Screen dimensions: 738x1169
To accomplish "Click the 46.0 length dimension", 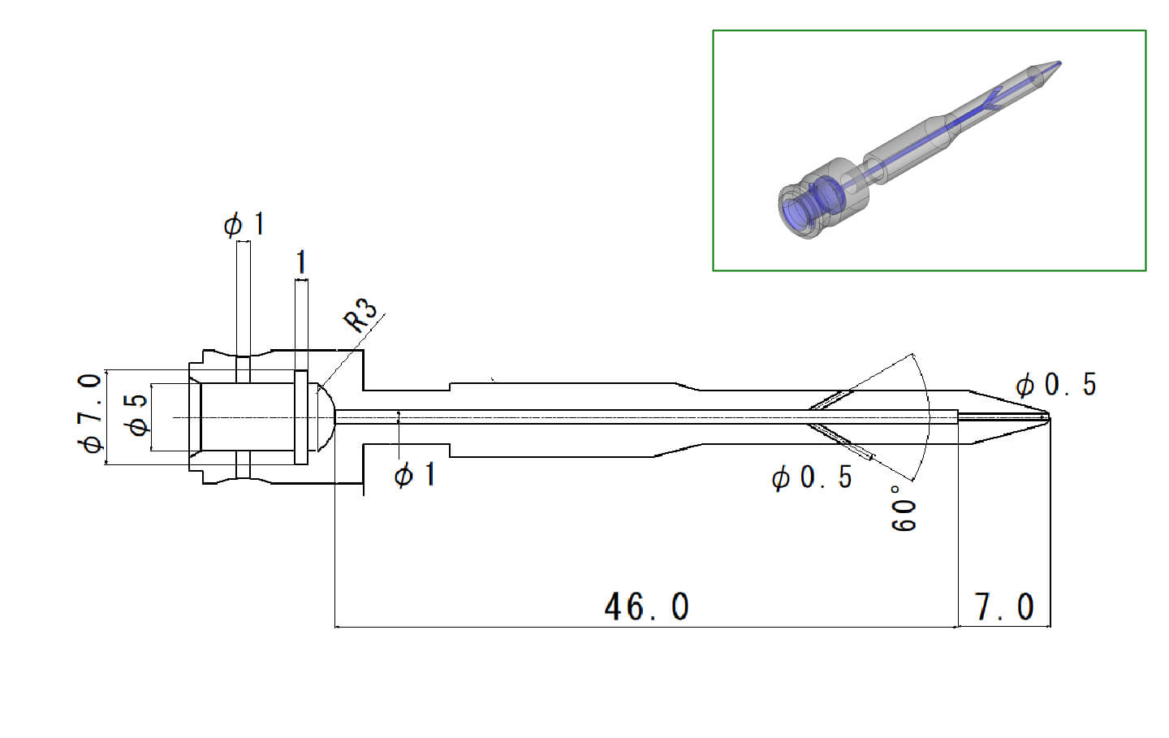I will point(646,606).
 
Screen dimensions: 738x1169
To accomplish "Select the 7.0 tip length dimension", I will point(1004,606).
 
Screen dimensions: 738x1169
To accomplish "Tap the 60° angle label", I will point(904,508).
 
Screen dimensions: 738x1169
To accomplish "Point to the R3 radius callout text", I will point(362,316).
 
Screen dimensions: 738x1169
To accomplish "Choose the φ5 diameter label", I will point(139,414).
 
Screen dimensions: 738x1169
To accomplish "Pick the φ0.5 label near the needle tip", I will point(1055,385).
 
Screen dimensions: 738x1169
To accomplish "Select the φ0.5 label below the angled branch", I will point(812,477).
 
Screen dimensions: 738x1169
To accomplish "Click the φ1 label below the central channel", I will point(415,475).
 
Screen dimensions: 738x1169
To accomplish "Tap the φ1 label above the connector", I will point(244,224).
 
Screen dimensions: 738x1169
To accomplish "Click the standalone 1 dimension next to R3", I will point(301,263).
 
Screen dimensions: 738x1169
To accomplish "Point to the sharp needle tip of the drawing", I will point(1048,418).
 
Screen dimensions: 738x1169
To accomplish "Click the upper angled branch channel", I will point(830,400).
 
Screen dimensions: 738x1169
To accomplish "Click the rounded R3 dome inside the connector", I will point(323,416).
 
